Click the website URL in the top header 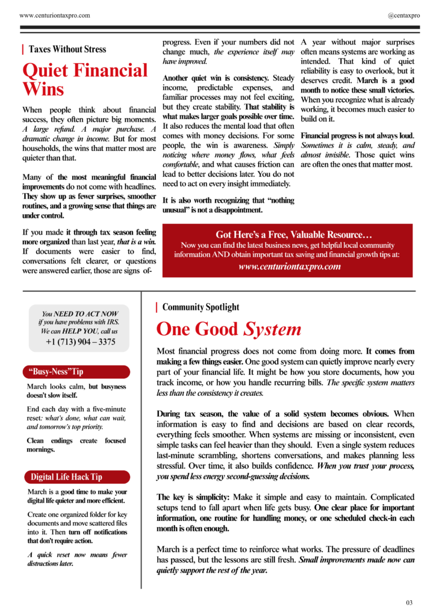[55, 15]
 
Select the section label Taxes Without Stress [67, 49]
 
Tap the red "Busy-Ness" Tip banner [78, 372]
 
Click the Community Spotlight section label [201, 307]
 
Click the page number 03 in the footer [409, 602]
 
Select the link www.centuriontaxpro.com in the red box [290, 266]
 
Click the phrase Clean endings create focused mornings [76, 445]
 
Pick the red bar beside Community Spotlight [157, 307]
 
